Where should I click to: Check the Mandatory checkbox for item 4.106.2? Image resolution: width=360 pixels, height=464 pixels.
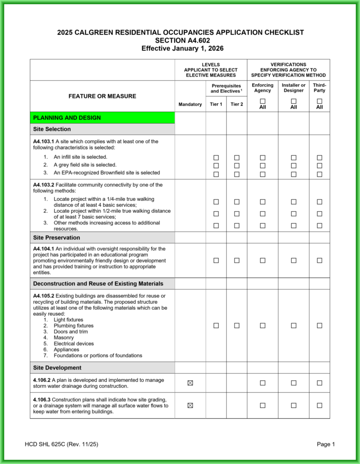(x=190, y=383)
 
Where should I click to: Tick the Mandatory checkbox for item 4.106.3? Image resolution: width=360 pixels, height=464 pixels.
(x=190, y=406)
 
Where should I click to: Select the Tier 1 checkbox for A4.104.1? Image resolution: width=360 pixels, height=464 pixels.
(x=216, y=261)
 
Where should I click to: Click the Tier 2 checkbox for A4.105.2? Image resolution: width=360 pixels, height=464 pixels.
(x=237, y=325)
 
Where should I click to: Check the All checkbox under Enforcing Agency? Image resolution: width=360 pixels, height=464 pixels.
(x=263, y=101)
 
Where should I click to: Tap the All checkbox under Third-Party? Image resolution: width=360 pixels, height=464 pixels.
(x=320, y=101)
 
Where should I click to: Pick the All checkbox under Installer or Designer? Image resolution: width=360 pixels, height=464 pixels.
(x=293, y=101)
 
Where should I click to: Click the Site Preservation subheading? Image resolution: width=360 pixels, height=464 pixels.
(x=57, y=237)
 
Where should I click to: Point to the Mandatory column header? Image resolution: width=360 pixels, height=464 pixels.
(x=190, y=104)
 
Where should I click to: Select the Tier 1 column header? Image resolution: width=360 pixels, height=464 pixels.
(x=216, y=104)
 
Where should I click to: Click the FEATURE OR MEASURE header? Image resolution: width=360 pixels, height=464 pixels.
(x=102, y=96)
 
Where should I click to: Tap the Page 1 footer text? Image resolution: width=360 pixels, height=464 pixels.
(x=326, y=444)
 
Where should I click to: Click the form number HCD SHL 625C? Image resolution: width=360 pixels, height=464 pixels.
(x=61, y=444)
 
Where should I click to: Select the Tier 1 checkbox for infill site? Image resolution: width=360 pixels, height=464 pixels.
(x=216, y=158)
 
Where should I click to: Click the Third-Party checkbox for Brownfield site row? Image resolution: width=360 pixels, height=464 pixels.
(x=320, y=174)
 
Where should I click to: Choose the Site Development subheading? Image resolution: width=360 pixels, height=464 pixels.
(x=57, y=367)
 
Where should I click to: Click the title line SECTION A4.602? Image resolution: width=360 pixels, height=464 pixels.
(x=180, y=40)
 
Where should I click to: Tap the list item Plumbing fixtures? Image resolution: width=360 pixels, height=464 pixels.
(x=73, y=325)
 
